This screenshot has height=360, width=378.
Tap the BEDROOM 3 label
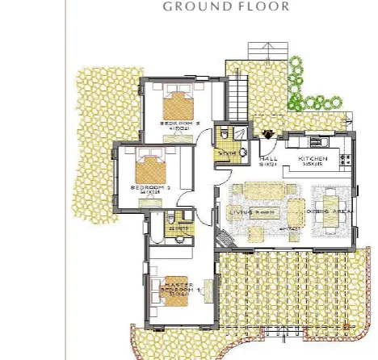coord(175,123)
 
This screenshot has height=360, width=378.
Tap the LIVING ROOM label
coord(252,212)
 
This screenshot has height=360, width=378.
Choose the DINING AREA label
coord(329,212)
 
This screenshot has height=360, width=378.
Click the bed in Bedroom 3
coord(178,105)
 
